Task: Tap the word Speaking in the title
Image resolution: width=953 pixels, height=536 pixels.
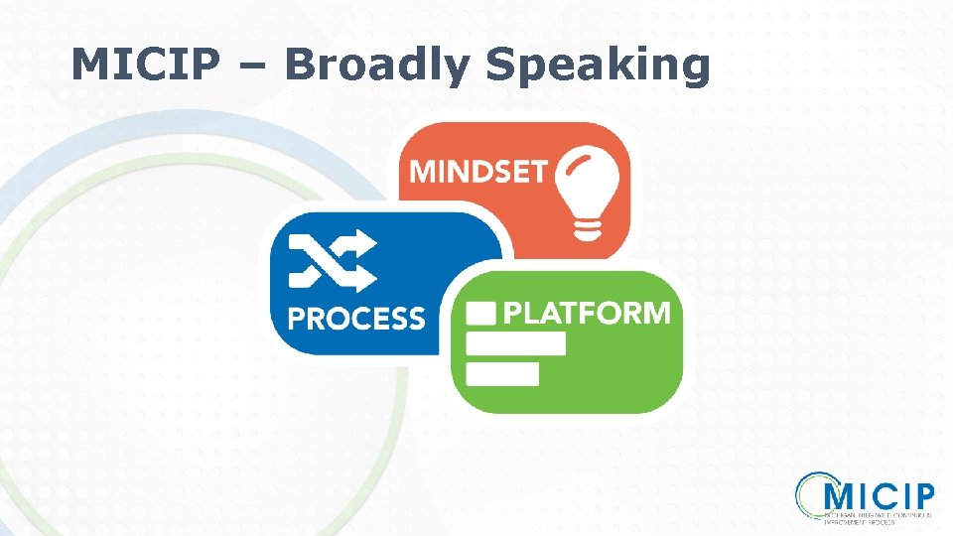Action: click(x=599, y=66)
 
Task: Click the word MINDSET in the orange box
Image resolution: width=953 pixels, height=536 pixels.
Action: click(x=477, y=171)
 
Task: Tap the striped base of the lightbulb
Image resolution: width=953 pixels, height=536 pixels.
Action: click(x=588, y=229)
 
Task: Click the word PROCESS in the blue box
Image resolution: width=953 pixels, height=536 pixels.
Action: click(x=355, y=319)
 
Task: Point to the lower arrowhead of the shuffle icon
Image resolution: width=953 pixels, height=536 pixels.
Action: click(x=365, y=277)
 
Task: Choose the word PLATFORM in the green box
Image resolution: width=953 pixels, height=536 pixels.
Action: click(x=587, y=314)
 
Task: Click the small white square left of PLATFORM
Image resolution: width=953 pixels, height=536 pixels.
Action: click(x=481, y=314)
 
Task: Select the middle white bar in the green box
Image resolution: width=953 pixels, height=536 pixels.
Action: click(x=515, y=343)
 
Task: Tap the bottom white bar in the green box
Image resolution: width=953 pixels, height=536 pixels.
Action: click(x=502, y=373)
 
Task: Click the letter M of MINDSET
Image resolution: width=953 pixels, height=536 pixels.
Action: click(x=423, y=171)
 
